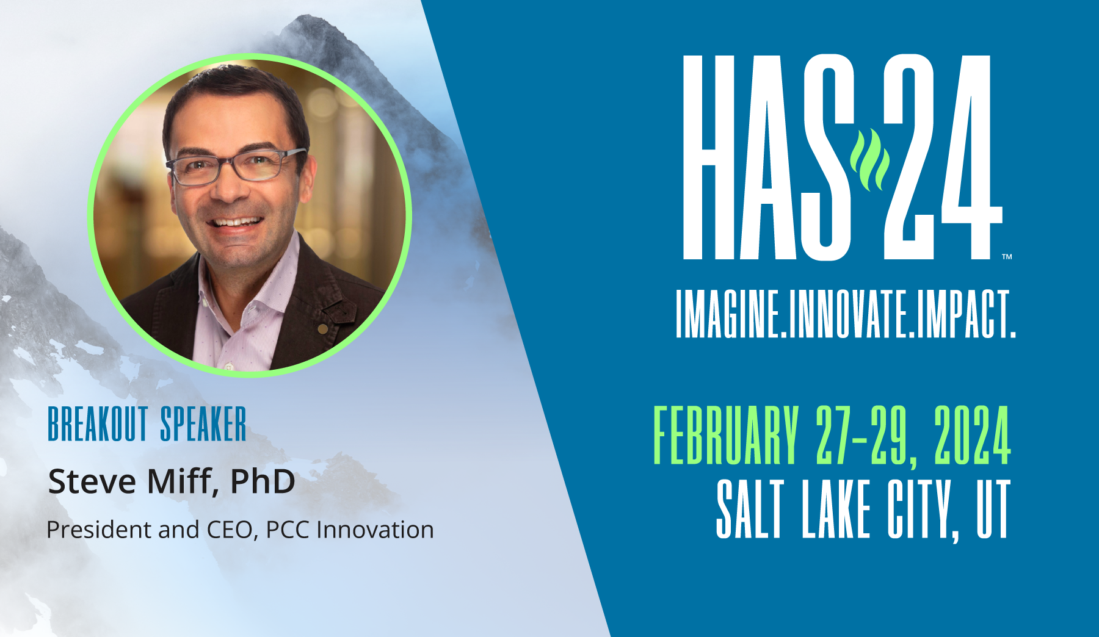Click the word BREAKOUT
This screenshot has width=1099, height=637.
[x=98, y=424]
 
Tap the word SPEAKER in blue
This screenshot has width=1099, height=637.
[x=203, y=424]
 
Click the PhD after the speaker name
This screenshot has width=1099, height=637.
[x=263, y=481]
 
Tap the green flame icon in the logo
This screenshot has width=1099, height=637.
[x=869, y=160]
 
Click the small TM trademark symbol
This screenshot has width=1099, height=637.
[x=1007, y=257]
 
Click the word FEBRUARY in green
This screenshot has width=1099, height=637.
[x=726, y=435]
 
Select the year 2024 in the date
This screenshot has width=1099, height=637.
[x=972, y=435]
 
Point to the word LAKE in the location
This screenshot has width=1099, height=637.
[x=836, y=509]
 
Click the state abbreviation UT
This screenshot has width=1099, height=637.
[x=993, y=509]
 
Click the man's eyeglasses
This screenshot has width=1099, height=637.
[x=235, y=167]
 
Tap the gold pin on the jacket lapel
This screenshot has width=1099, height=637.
[x=323, y=329]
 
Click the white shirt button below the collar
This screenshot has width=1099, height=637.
[x=229, y=367]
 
